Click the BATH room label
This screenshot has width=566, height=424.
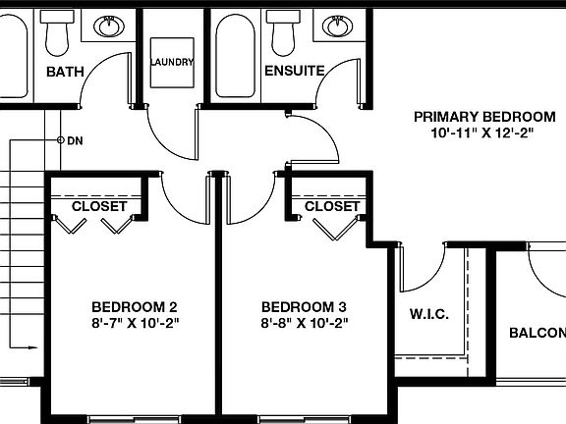[65, 72]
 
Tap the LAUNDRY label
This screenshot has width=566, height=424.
[172, 61]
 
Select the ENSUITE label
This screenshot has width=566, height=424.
[295, 72]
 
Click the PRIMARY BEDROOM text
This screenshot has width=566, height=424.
[478, 116]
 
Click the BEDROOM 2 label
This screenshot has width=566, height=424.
[135, 305]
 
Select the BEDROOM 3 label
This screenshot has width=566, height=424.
[304, 305]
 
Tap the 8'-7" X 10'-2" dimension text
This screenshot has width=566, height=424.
[135, 322]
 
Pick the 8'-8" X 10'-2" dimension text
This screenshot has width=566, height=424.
[304, 322]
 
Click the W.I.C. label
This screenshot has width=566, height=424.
[428, 314]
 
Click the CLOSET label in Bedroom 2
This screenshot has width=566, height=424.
[99, 207]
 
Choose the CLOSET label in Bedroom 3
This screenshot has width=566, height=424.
[332, 207]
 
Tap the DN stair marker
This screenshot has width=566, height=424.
[74, 140]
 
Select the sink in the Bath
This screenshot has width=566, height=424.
[108, 26]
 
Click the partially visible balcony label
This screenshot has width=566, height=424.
[537, 333]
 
